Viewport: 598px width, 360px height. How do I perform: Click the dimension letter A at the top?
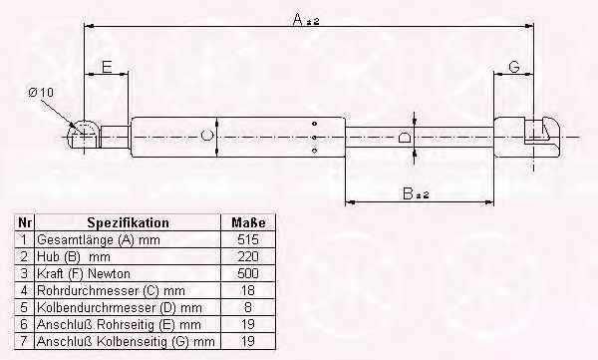coord(298,19)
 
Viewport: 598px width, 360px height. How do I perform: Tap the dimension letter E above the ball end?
coord(108,67)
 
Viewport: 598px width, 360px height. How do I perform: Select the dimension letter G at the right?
coord(514,67)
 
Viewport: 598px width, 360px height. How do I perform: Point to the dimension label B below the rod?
coord(408,193)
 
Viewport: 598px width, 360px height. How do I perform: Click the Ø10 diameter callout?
coord(41,93)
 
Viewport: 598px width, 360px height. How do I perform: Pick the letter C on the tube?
coord(206,136)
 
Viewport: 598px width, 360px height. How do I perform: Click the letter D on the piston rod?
coord(405,137)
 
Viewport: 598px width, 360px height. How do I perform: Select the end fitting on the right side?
coord(527,137)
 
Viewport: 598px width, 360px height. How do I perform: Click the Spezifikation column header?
coord(128,222)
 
